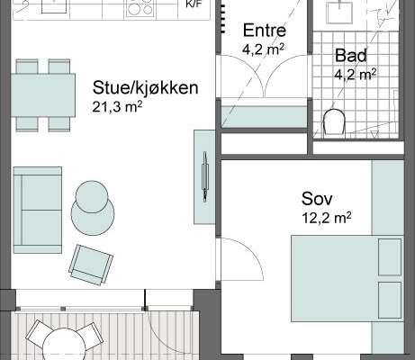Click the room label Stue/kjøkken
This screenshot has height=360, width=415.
coord(146,88)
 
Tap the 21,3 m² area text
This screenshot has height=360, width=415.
coord(117,107)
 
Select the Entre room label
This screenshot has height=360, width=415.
coord(265,31)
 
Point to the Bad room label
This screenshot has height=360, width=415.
coord(351,56)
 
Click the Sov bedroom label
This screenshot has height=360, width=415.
coord(317,199)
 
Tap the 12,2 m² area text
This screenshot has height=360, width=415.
coord(327,218)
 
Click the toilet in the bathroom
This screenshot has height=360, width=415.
coord(334,122)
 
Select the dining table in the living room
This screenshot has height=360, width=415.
coord(43,95)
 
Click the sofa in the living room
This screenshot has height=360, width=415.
coord(38,210)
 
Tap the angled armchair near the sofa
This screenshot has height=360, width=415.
coord(91,265)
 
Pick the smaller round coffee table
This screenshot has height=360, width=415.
coord(92,196)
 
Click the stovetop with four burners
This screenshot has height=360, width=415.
coord(139,7)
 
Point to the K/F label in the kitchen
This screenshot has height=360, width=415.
coord(194,4)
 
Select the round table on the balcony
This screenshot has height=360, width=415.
coord(64,345)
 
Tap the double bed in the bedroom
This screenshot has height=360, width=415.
coord(347,279)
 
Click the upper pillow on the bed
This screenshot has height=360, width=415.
coord(390,257)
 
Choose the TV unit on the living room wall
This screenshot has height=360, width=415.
coord(204,176)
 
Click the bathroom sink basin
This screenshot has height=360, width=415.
coord(339,13)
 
